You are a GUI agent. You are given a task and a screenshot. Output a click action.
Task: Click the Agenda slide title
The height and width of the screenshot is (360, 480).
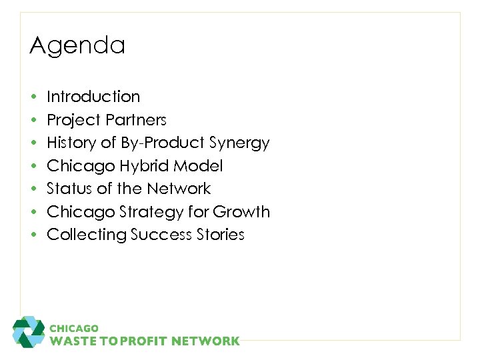tap(77, 46)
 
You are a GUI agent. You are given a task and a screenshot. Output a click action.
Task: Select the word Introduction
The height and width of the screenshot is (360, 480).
tap(93, 97)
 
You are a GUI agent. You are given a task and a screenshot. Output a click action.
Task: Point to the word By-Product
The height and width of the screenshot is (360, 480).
tap(163, 143)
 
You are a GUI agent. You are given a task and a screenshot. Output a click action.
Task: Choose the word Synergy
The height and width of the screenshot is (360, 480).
tap(239, 143)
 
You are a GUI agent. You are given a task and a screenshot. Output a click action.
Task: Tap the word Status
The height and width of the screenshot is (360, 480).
tap(69, 189)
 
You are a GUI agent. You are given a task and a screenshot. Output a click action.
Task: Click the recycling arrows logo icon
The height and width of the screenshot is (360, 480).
tap(29, 331)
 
